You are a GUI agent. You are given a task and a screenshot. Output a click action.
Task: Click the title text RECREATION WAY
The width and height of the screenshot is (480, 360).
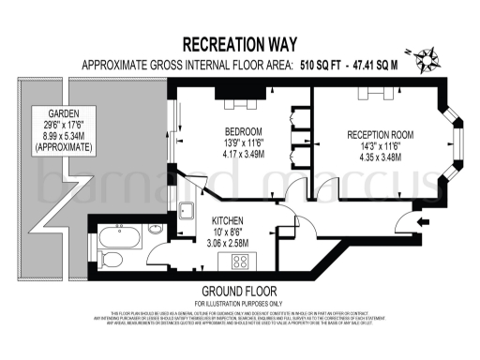pyautogui.click(x=239, y=45)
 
